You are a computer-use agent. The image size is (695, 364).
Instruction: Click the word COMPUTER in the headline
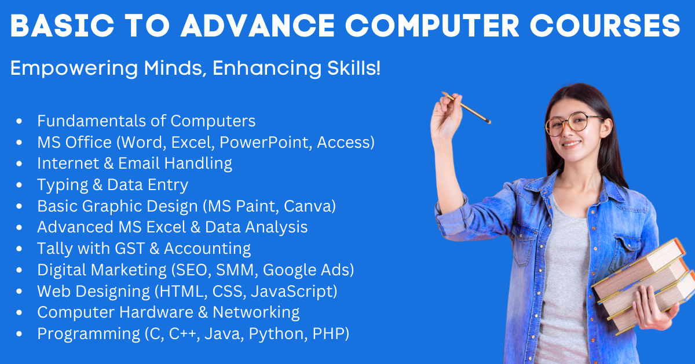click(x=432, y=26)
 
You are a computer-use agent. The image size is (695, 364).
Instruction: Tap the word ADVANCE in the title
click(x=258, y=26)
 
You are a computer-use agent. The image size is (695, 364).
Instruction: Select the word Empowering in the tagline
click(x=74, y=68)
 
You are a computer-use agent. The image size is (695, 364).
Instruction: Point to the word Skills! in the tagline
click(x=354, y=68)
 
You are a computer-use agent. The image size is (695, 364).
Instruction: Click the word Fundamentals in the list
click(x=92, y=121)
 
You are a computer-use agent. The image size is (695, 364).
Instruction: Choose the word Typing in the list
click(x=63, y=185)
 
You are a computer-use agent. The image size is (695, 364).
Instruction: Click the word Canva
click(x=310, y=206)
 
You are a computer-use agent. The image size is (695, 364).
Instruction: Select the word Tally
click(x=55, y=249)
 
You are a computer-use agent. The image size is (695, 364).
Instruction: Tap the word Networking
click(x=256, y=312)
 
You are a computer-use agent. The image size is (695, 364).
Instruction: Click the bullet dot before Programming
click(x=19, y=334)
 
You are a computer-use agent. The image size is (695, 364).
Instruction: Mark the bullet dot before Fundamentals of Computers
click(x=19, y=121)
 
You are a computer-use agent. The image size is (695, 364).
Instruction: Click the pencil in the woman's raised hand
click(x=466, y=107)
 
